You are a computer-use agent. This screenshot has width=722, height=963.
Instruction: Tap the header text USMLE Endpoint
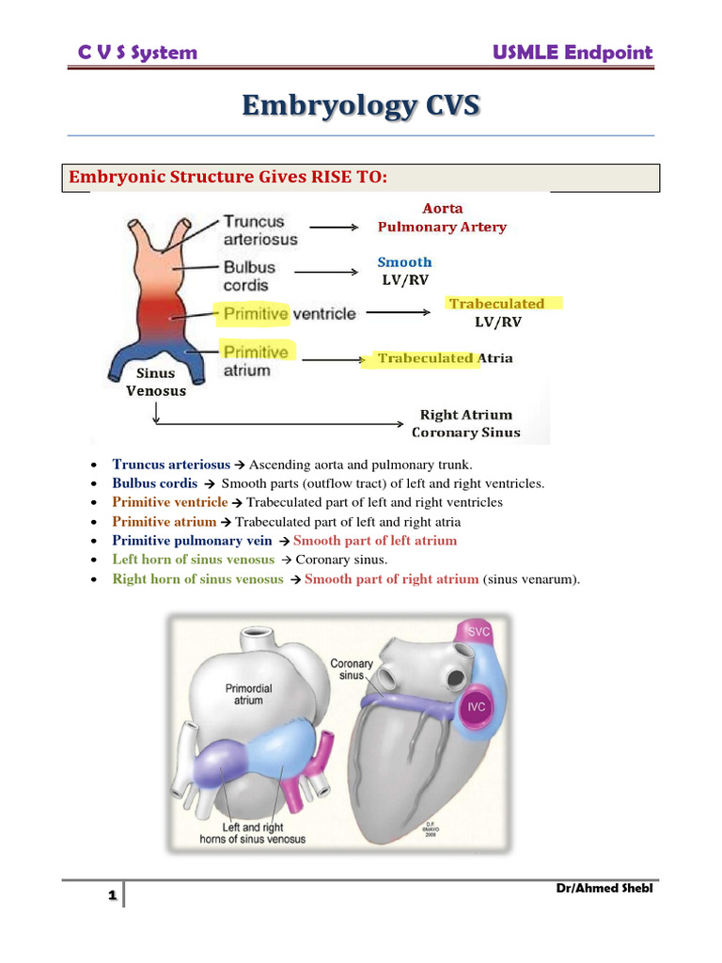click(573, 52)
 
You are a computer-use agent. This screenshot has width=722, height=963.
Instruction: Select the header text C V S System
click(137, 52)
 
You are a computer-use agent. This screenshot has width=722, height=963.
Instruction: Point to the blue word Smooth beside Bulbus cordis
click(404, 262)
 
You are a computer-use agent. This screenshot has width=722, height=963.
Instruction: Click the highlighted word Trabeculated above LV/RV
click(496, 304)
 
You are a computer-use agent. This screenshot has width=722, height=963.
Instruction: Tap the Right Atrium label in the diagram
click(466, 415)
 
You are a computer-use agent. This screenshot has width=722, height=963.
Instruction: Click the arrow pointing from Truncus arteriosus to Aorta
click(335, 227)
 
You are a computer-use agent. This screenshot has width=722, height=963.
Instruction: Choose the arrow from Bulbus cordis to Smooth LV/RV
click(322, 273)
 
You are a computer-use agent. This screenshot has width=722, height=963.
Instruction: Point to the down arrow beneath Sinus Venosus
click(156, 412)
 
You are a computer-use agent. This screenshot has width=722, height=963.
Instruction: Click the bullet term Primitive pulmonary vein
click(192, 541)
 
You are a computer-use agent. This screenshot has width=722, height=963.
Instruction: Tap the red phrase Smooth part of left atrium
click(375, 541)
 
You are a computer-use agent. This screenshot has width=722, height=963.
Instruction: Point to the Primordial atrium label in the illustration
click(249, 694)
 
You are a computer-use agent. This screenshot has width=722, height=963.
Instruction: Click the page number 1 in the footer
click(112, 896)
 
